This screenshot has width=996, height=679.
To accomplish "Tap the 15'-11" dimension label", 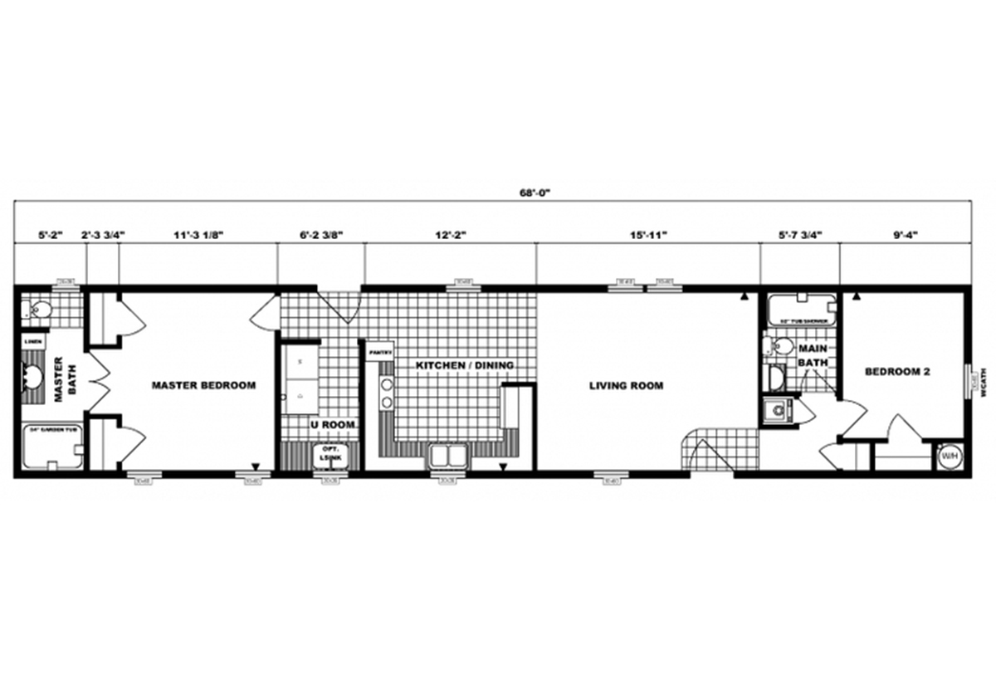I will (x=648, y=235).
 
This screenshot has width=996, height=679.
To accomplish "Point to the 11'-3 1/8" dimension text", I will (x=198, y=235).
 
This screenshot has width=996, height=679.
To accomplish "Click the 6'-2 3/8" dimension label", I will (x=321, y=235).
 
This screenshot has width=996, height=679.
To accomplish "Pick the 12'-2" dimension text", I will (x=450, y=235).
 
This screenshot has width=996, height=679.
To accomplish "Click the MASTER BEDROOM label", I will (x=203, y=385).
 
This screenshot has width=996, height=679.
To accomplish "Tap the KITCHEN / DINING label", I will (x=454, y=365).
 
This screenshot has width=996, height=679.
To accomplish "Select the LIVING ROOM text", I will (x=626, y=385).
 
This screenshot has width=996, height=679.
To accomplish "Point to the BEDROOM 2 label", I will (x=896, y=372).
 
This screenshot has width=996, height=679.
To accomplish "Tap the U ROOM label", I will (x=333, y=424).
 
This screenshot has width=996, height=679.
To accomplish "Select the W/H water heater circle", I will (x=948, y=456).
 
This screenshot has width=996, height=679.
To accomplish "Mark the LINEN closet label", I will (x=34, y=340).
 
